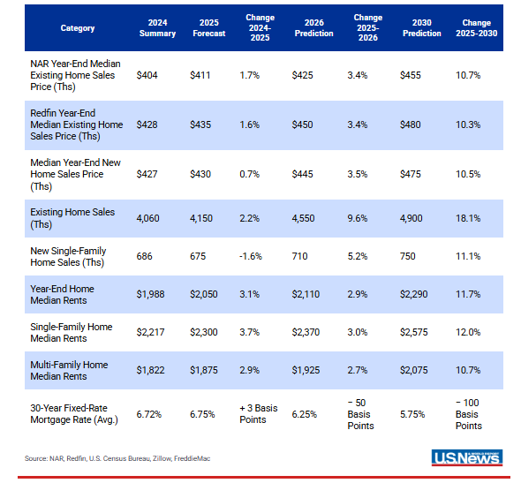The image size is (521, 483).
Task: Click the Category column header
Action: point(78,27)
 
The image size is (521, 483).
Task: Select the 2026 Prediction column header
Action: point(313,27)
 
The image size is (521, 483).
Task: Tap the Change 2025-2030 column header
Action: point(477,27)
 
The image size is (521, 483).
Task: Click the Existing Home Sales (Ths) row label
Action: point(64,218)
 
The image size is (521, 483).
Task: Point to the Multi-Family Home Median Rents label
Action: point(72,370)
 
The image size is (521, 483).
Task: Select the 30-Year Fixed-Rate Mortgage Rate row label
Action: point(73,414)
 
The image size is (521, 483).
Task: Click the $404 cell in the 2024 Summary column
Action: point(146,76)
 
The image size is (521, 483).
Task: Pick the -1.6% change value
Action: point(250,256)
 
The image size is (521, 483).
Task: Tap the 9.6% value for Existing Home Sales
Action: point(358,218)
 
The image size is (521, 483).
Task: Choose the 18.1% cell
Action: point(467,218)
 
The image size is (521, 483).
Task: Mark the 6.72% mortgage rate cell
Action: point(150,414)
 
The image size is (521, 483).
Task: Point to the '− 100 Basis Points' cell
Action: point(469,414)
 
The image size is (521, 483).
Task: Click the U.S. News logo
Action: point(467,457)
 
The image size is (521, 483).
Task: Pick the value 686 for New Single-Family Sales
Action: point(145,256)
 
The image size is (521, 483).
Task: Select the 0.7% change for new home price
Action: point(248,175)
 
